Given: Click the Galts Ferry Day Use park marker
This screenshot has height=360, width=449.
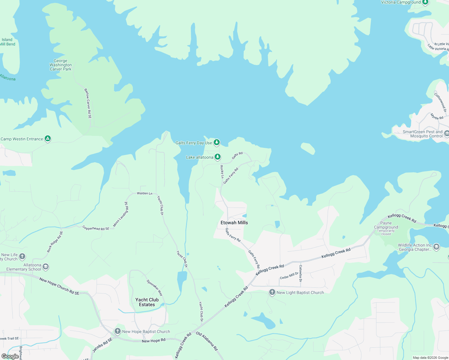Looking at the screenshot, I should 217,142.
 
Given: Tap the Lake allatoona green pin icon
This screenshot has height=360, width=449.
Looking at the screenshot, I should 218,157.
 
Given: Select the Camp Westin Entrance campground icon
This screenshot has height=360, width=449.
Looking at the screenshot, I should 48,139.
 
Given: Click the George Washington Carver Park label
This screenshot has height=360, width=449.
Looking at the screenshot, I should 61,65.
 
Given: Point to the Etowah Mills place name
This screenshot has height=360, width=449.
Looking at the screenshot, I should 234,223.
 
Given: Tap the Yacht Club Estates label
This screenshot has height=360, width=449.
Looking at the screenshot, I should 147,302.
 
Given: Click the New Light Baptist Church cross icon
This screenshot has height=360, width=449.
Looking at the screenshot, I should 272,292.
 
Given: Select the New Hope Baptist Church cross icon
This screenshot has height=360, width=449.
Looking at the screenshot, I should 118,331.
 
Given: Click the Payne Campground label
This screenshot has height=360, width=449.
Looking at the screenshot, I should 386,225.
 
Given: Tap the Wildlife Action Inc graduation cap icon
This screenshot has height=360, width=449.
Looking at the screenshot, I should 436,247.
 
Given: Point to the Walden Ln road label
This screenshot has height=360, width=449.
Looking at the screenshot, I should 145,193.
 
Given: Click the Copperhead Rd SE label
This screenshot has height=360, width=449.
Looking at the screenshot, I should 96,228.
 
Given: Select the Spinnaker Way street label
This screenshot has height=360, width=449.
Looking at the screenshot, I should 155,288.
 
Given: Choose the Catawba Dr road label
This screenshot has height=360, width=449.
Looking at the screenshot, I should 300,273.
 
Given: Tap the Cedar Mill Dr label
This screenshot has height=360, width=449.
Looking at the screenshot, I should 289,276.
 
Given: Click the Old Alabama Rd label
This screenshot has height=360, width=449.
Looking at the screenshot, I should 207,341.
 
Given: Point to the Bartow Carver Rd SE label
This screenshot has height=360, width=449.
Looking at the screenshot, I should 88,103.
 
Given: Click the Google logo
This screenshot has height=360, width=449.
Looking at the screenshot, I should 10,356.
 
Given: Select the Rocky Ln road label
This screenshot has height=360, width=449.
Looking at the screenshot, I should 222,172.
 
